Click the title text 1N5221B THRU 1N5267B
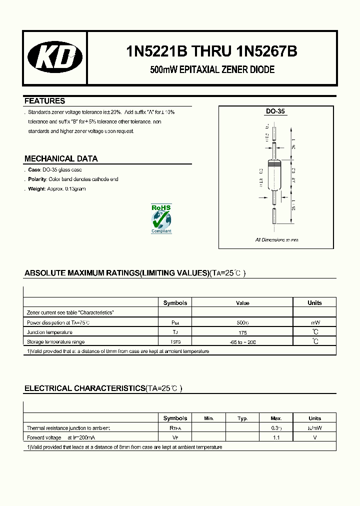212,52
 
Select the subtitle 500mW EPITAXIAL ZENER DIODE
212,70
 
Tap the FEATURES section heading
45,101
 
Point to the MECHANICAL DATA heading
61,159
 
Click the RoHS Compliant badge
161,218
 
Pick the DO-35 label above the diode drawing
275,112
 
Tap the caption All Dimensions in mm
276,240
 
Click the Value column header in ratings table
242,303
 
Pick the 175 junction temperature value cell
242,332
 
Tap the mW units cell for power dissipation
314,322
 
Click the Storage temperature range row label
55,342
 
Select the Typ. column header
242,418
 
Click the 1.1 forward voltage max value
276,437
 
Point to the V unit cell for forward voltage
314,437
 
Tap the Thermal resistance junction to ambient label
68,428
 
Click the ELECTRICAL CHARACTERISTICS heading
84,388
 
